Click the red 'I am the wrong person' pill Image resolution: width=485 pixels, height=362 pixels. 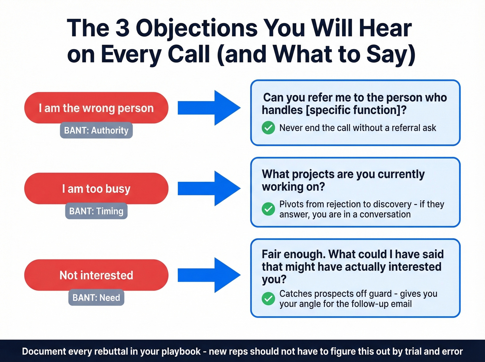(x=96, y=108)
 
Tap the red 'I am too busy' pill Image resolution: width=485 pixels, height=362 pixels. (x=96, y=188)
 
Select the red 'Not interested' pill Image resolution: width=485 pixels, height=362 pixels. (x=96, y=275)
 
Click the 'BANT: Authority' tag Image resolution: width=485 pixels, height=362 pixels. (x=96, y=130)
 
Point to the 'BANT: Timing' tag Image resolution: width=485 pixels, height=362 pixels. (x=96, y=211)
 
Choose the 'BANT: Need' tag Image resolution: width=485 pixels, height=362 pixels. (x=96, y=298)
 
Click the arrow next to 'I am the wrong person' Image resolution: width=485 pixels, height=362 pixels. (x=209, y=108)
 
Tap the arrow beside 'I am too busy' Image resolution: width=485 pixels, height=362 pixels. (x=209, y=188)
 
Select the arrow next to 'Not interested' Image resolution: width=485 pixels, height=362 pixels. (x=209, y=275)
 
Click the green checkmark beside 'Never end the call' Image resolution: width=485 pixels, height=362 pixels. (x=268, y=128)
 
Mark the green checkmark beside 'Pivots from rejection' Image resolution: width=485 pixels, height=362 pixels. (x=268, y=209)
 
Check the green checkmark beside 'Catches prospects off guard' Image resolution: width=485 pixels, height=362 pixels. (x=268, y=299)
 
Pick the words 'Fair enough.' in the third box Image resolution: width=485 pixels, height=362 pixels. (x=292, y=254)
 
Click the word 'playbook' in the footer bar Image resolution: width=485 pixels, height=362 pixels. (x=181, y=351)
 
